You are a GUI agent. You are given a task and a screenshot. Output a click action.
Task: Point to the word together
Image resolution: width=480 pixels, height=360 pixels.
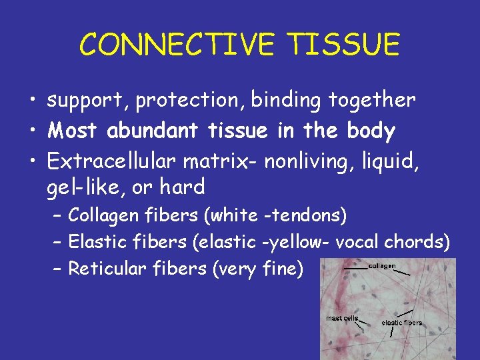tap(371, 101)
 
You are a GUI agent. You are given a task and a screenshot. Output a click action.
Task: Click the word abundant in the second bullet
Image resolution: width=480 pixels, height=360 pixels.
tap(150, 131)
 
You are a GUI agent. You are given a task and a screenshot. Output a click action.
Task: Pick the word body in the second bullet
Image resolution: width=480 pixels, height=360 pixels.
tap(371, 131)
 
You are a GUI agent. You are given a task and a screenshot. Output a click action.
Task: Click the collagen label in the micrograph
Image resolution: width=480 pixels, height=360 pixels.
tap(382, 266)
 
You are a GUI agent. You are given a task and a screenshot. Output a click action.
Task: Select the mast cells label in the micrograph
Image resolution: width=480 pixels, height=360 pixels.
tap(342, 318)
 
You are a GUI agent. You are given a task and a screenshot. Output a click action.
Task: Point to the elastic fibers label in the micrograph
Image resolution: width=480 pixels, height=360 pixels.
tap(401, 323)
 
